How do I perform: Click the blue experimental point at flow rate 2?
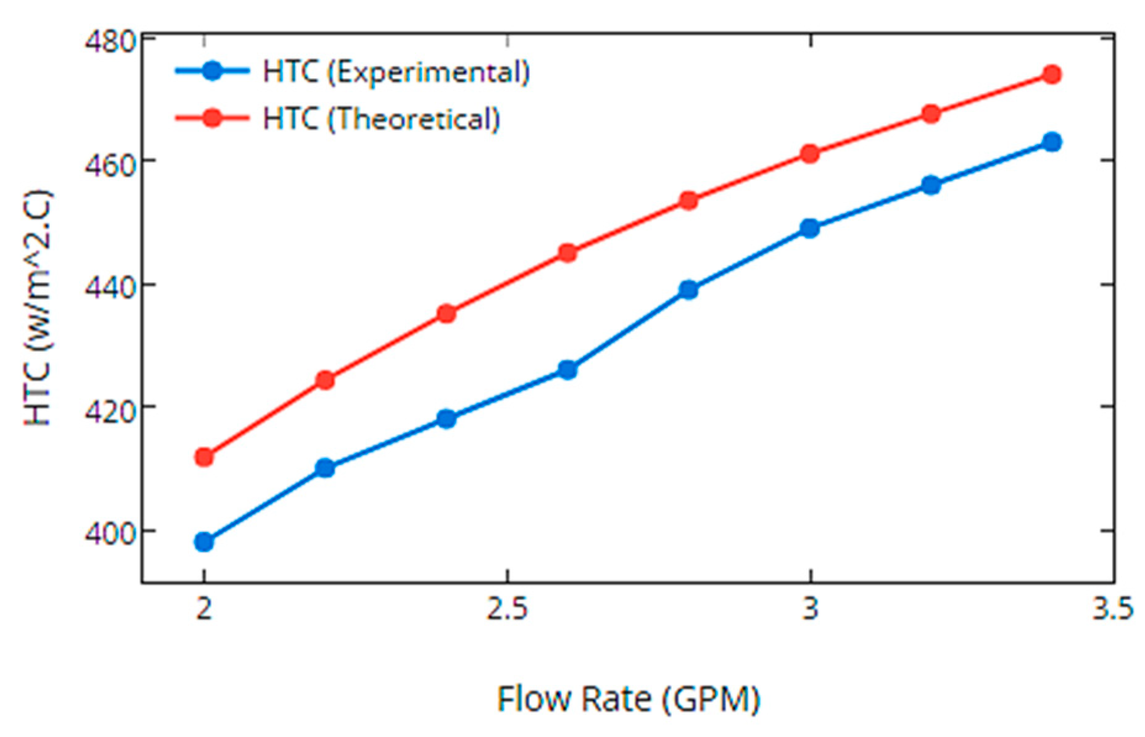(x=204, y=542)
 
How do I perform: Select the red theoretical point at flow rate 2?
(x=204, y=457)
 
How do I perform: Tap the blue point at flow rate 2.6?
(x=568, y=370)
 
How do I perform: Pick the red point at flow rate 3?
(x=810, y=154)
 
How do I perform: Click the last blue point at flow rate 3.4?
(x=1052, y=142)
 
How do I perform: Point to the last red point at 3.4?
(x=1052, y=75)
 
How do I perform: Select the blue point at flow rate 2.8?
(x=688, y=289)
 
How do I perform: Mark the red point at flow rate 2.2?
(x=325, y=380)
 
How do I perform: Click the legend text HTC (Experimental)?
(x=396, y=72)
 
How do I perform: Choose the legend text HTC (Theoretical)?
(x=381, y=119)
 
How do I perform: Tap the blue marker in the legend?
(x=212, y=70)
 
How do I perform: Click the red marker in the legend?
(x=212, y=117)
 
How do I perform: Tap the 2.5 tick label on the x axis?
(x=507, y=609)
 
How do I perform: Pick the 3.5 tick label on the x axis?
(x=1112, y=609)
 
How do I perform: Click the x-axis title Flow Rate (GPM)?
(x=629, y=699)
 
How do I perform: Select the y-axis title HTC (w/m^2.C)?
(x=38, y=309)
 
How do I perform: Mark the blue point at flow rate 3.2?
(x=931, y=185)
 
